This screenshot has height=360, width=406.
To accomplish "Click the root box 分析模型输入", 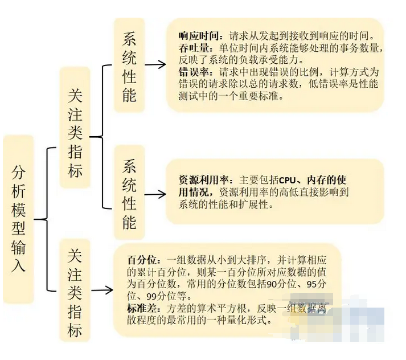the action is (x=18, y=219).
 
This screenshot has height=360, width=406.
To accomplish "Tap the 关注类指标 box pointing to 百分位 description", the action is (x=75, y=292).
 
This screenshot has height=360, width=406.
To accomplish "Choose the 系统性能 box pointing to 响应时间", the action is (x=129, y=65).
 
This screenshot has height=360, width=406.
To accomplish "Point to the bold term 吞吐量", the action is (x=191, y=48).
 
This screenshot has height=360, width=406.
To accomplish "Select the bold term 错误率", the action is (x=191, y=73).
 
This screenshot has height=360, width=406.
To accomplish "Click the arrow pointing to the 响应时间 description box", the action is (x=155, y=65).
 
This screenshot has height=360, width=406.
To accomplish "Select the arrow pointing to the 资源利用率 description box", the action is (x=155, y=194).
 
